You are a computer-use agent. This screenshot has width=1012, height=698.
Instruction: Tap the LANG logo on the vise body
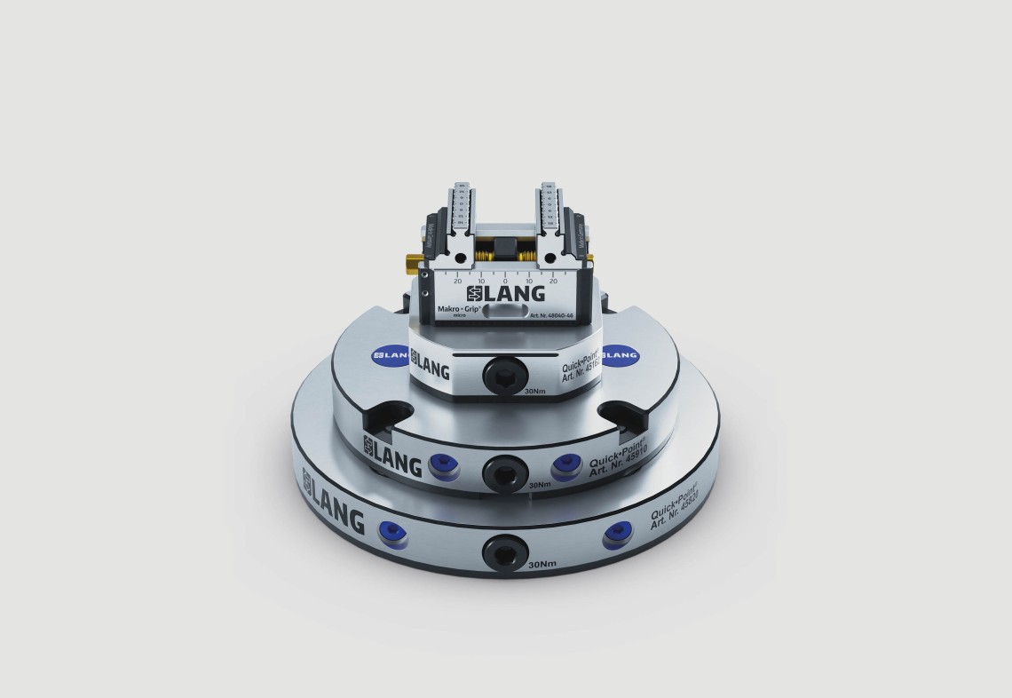506,293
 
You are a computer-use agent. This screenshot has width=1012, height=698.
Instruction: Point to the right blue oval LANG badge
621,354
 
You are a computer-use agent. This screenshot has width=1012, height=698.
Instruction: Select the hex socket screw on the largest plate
502,553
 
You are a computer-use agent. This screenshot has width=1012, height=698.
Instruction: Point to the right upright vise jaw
548,218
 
